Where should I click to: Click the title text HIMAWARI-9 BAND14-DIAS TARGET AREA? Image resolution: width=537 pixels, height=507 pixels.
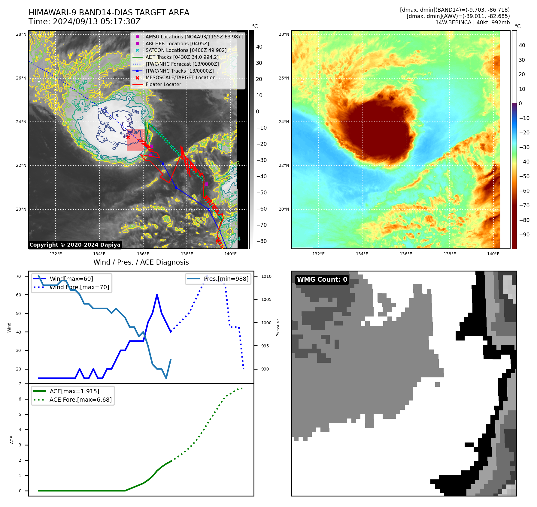coord(109,13)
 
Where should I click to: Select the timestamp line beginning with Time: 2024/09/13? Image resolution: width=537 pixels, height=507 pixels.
coord(84,22)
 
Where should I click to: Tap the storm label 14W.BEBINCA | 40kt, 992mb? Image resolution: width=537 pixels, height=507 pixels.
coord(472,22)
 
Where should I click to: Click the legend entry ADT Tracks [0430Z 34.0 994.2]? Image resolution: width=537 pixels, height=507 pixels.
coord(182,57)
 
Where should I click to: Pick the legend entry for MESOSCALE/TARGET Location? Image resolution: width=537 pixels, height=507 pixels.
coord(180,77)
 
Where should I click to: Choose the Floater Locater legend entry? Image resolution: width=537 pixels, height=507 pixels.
coord(163,84)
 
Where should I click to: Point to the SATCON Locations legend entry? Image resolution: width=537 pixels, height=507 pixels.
coord(186,50)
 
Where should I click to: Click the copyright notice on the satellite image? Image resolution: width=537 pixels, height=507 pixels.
coord(75,245)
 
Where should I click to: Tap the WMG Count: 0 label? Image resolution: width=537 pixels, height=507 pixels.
coord(322,280)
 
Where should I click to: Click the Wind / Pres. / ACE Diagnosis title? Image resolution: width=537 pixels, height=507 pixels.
coord(141,262)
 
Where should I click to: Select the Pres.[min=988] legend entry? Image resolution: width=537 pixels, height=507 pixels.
coord(226,279)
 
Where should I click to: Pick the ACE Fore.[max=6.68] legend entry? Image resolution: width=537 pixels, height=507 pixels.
coord(80,400)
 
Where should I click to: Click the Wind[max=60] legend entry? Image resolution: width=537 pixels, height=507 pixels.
coord(71,279)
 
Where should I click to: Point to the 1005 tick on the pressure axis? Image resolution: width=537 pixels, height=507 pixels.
coord(266,299)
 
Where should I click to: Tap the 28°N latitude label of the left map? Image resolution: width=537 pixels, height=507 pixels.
coord(21,34)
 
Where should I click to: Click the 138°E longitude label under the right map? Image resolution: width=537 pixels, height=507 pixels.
coord(450,254)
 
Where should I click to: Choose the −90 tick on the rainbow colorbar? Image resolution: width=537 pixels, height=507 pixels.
coord(524,235)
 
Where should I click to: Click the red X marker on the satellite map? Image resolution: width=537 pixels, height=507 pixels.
coord(128,137)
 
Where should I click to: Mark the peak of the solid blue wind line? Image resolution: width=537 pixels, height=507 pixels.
coord(157,295)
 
